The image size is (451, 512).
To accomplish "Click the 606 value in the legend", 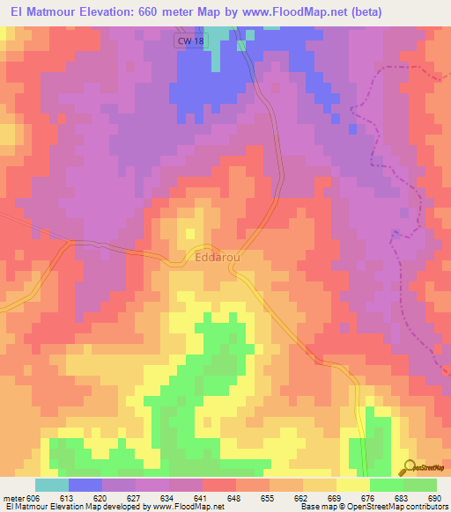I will pyautogui.click(x=34, y=498).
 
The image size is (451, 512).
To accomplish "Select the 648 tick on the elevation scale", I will pyautogui.click(x=235, y=498).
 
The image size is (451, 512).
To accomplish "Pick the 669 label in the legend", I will pyautogui.click(x=336, y=498).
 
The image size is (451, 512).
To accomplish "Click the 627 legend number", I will pyautogui.click(x=135, y=498).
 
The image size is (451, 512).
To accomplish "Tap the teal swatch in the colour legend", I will pyautogui.click(x=51, y=485).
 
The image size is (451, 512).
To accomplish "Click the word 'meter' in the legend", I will pyautogui.click(x=13, y=498).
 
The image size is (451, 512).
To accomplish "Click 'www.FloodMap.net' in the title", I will pyautogui.click(x=284, y=10).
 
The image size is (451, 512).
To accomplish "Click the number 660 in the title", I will pyautogui.click(x=158, y=10).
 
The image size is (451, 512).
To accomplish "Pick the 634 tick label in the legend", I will pyautogui.click(x=168, y=498).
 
